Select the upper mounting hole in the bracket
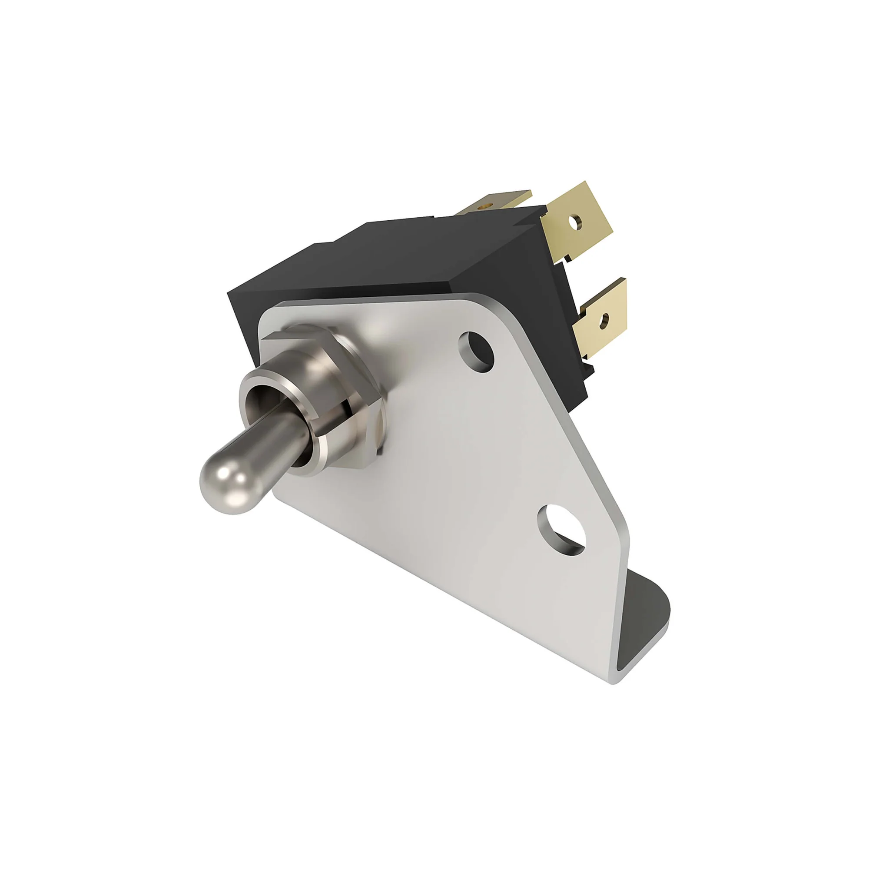(x=476, y=351)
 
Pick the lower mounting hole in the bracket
(x=561, y=529)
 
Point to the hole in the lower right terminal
(x=604, y=320)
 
